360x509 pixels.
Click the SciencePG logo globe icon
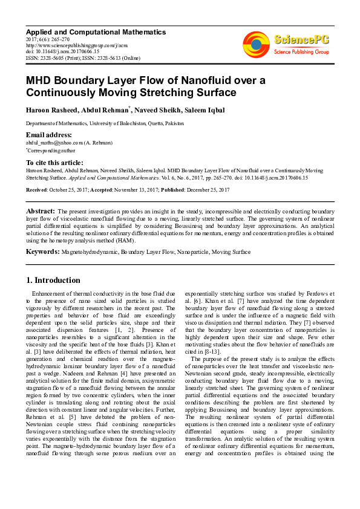[256, 44]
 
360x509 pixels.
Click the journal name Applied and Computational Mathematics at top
[96, 31]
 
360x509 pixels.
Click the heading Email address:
[48, 134]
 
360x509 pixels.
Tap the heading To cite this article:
[56, 163]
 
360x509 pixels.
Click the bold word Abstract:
[41, 210]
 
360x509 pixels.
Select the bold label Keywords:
[42, 251]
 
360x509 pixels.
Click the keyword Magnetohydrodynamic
[89, 251]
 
